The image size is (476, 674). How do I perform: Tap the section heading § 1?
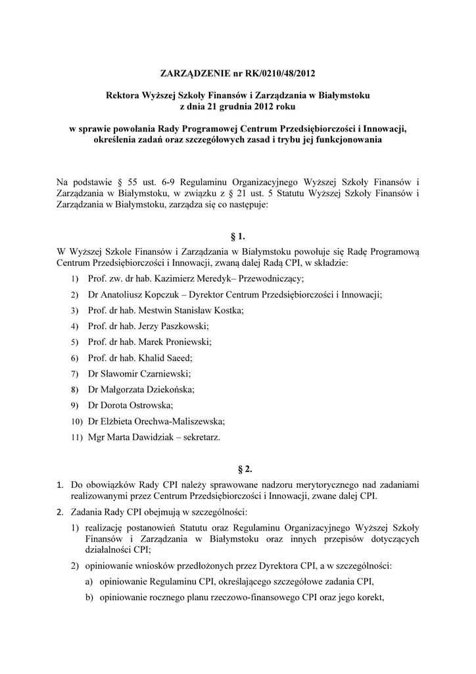point(238,235)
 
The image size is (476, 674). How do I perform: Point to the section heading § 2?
point(238,469)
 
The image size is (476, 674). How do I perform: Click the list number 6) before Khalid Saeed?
point(74,359)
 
